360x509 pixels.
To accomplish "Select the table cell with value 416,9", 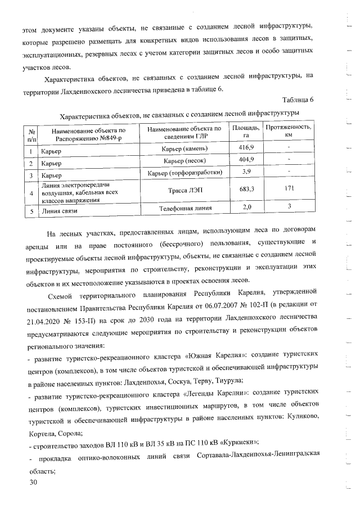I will pos(246,147).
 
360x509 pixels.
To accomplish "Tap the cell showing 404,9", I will pos(246,160).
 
